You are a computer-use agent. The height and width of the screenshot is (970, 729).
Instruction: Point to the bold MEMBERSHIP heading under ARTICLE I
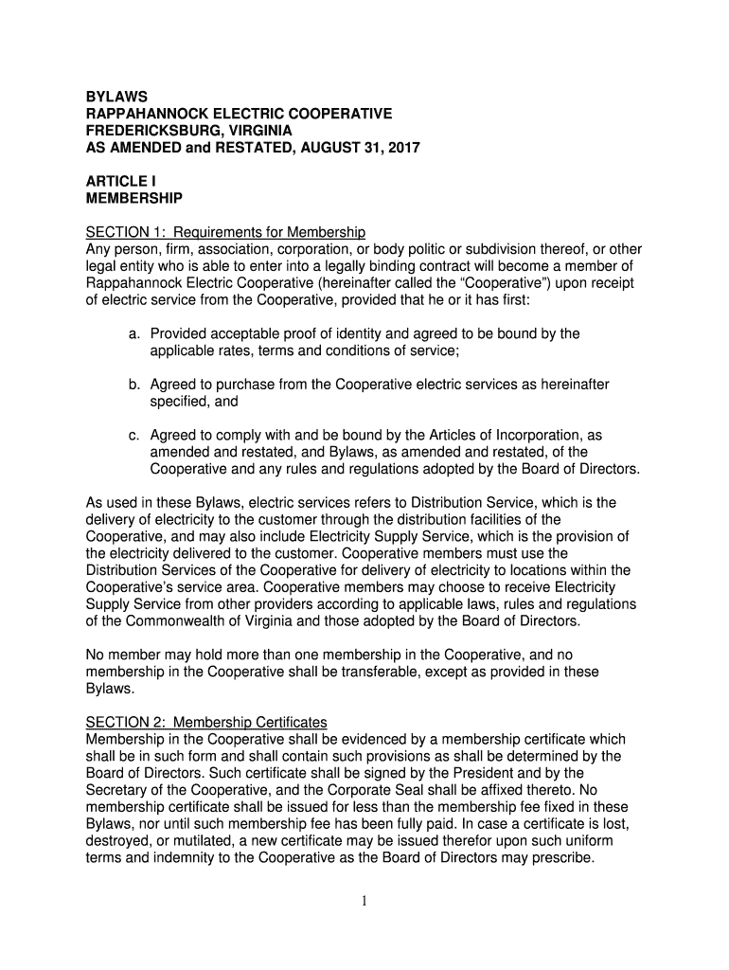(134, 199)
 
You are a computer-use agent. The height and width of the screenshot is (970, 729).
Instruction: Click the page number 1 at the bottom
(364, 901)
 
